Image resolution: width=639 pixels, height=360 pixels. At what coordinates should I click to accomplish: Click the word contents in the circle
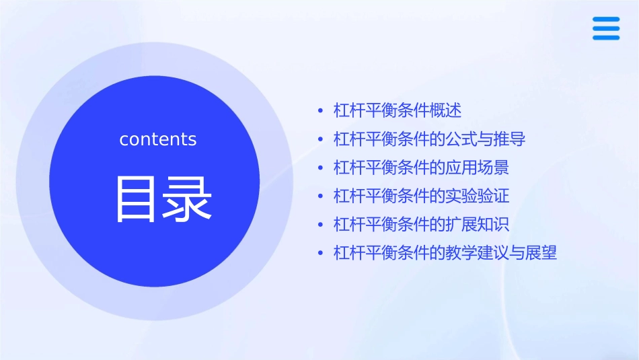[158, 139]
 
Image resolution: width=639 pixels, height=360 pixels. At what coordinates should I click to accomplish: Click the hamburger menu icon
[606, 28]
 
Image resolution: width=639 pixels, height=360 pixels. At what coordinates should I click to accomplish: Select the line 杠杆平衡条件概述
[397, 110]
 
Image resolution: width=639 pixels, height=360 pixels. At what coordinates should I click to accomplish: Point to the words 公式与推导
[485, 139]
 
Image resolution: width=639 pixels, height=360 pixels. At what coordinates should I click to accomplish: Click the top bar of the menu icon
[606, 19]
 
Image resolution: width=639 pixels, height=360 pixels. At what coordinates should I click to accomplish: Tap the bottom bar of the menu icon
[606, 38]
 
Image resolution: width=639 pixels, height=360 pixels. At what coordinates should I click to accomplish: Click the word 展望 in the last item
[541, 254]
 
